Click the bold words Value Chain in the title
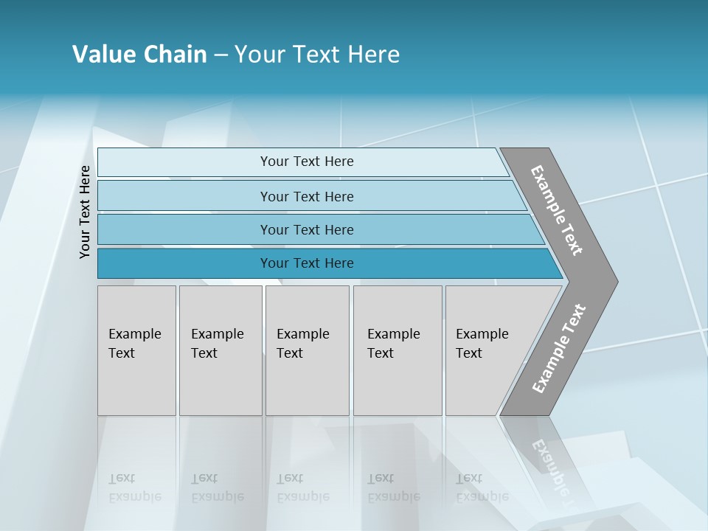[x=139, y=55]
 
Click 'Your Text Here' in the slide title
[x=317, y=55]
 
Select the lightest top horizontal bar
[x=184, y=162]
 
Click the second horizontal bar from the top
[x=184, y=196]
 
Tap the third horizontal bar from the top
[x=184, y=229]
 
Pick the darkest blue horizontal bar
[x=184, y=263]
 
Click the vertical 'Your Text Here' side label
[x=85, y=212]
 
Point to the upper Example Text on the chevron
[x=557, y=210]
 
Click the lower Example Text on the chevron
[x=559, y=349]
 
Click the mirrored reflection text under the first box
[x=134, y=487]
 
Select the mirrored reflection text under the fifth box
[x=482, y=487]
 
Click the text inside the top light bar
[x=307, y=162]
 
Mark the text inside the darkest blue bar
[x=307, y=263]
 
